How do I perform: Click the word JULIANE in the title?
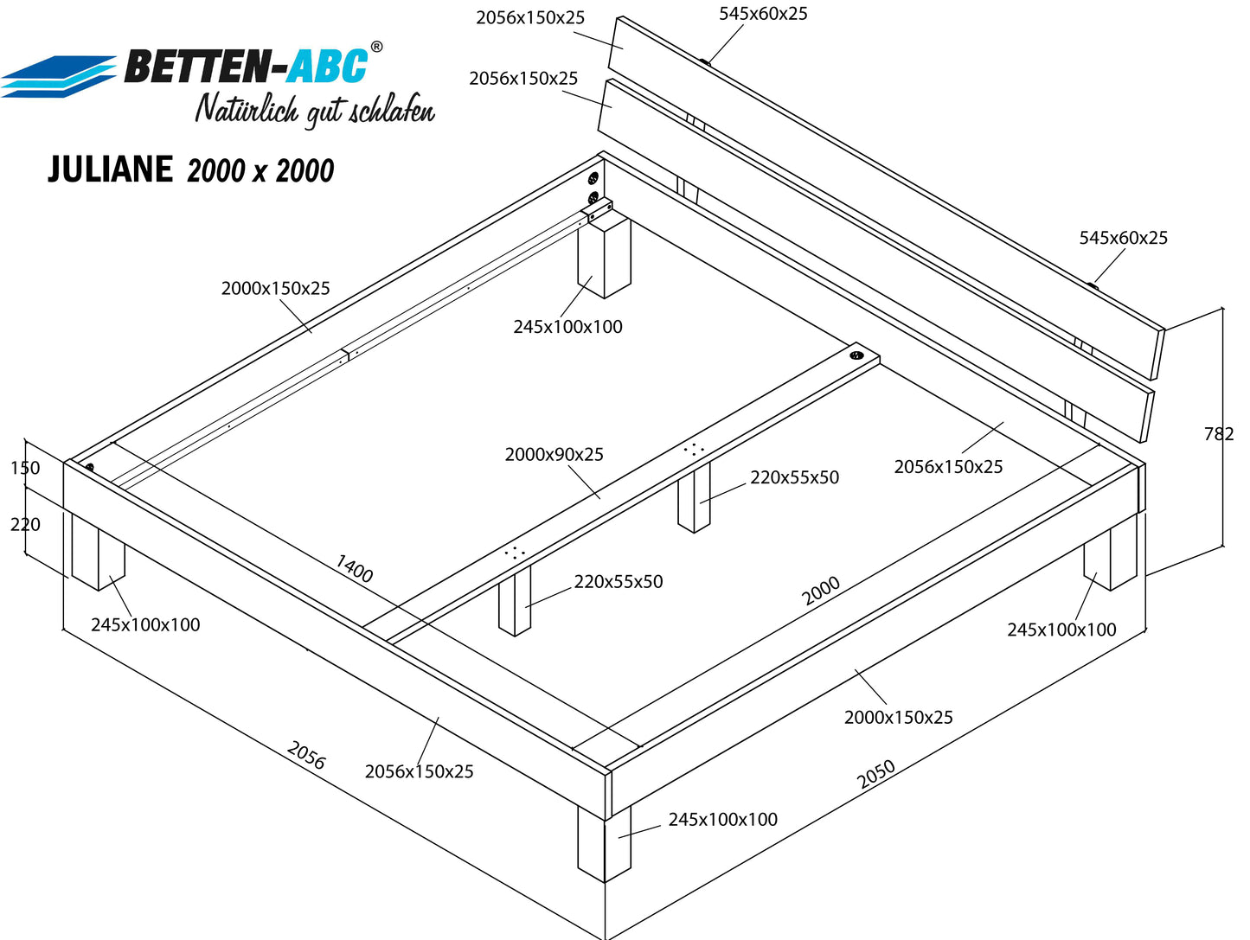coord(111,169)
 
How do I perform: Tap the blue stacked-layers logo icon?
coord(59,76)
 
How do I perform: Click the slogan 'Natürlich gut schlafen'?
coord(315,110)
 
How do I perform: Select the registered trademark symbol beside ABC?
coord(376,47)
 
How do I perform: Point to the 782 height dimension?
coord(1219,434)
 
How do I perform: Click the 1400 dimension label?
coord(354,568)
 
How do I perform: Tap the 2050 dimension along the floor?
coord(875,775)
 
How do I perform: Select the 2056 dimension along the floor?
coord(306,754)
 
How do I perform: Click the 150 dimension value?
coord(25,468)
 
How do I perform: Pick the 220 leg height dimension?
coord(25,524)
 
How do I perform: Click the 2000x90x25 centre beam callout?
coord(554,455)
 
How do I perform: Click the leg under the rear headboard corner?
coord(604,258)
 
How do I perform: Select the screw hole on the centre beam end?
coord(856,355)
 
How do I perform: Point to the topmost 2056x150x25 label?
coord(530,17)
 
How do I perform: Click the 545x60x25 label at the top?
coord(763,14)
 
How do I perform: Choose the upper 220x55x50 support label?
coord(794,477)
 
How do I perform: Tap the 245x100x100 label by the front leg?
coord(722,820)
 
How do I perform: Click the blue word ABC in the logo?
coord(327,66)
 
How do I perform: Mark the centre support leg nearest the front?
coord(515,600)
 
